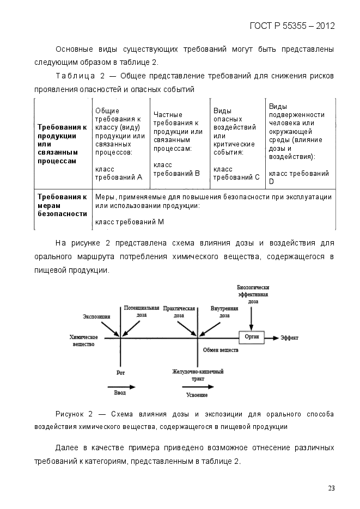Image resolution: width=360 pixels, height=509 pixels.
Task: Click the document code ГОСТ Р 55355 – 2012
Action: [x=292, y=26]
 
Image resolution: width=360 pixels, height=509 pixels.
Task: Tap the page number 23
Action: [x=331, y=488]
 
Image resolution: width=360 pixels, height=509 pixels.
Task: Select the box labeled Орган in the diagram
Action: [x=252, y=337]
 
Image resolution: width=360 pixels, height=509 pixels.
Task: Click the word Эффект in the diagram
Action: [x=289, y=338]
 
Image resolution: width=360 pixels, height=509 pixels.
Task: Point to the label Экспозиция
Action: [x=96, y=316]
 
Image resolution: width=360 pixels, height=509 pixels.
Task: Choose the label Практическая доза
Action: [x=179, y=311]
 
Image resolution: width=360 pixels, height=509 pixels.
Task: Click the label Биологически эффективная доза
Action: [x=253, y=294]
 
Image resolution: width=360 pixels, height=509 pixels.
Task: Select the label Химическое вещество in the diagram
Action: [x=83, y=341]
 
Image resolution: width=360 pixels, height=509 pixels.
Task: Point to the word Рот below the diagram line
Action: [x=120, y=373]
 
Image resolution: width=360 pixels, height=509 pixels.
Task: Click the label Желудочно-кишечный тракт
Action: [x=197, y=375]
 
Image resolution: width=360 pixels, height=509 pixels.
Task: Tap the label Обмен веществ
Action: [x=221, y=350]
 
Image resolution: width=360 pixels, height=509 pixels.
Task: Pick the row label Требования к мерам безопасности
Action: [x=62, y=205]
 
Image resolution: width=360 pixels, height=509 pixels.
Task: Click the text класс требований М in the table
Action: [x=129, y=222]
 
